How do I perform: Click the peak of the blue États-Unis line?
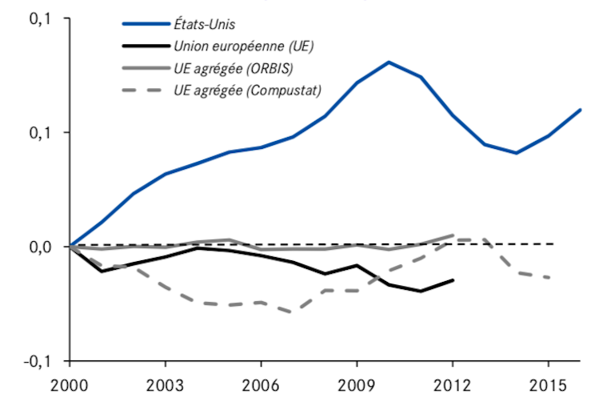[389, 62]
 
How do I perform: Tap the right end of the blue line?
[581, 109]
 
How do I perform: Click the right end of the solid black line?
[453, 279]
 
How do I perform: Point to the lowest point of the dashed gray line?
[293, 312]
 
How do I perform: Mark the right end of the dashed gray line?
[549, 278]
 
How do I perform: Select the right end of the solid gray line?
[453, 235]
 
